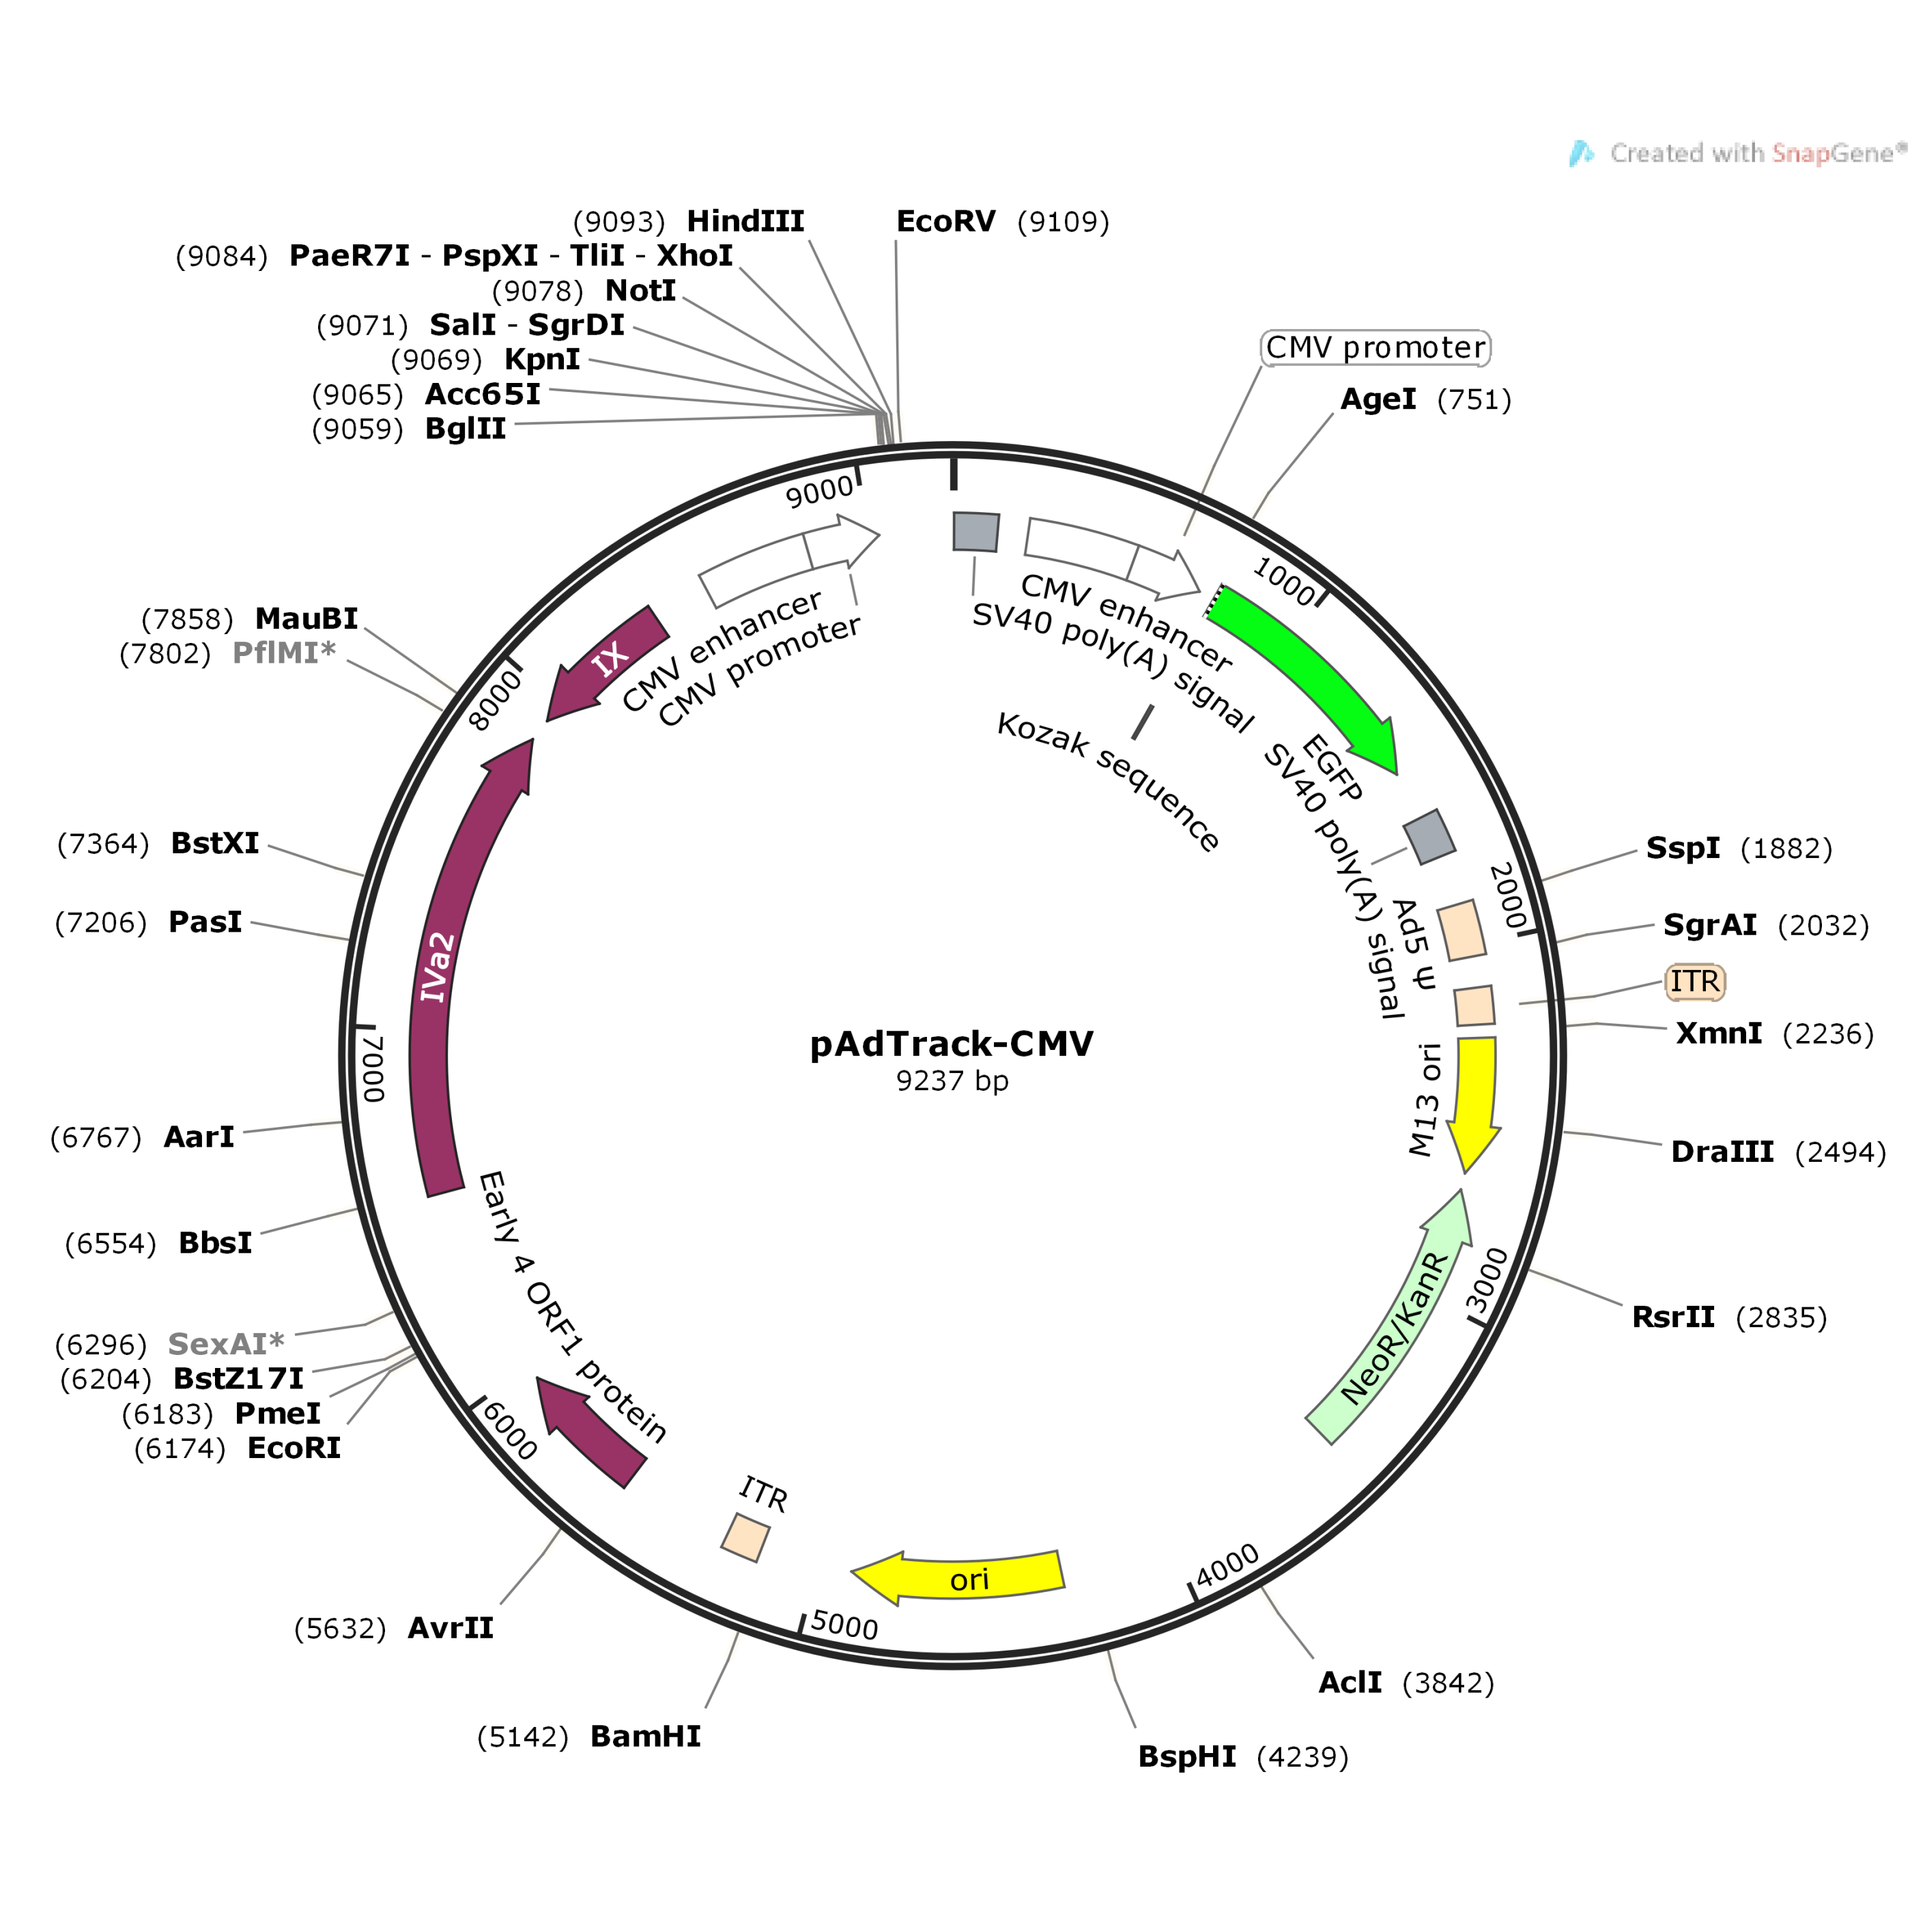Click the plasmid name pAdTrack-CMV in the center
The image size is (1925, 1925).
(x=952, y=1043)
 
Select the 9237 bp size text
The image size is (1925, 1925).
(x=952, y=1081)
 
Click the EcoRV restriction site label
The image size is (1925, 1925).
(x=945, y=221)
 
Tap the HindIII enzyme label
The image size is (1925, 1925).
(x=745, y=221)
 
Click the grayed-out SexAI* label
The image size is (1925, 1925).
(x=226, y=1344)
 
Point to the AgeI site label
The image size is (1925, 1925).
(x=1378, y=399)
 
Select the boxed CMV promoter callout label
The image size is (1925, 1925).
(x=1375, y=347)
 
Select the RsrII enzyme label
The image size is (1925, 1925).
(x=1673, y=1317)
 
